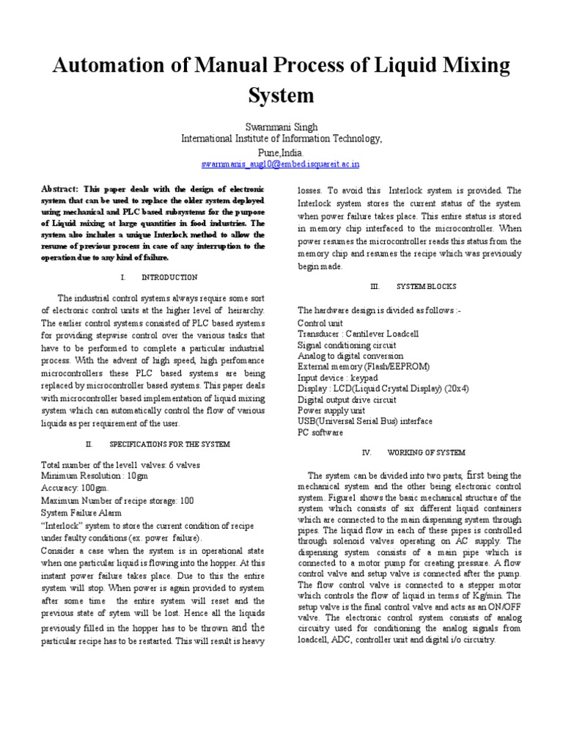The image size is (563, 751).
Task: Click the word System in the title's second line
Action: tap(281, 95)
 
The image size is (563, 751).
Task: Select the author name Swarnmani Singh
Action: tap(281, 127)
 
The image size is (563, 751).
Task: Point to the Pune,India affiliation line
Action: tap(281, 152)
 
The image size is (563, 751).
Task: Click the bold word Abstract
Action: tap(61, 189)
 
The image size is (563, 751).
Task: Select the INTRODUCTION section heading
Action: tap(169, 277)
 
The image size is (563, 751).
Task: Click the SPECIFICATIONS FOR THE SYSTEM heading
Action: tap(169, 444)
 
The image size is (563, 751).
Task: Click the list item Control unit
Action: tap(320, 323)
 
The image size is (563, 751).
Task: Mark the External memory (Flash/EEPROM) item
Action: tap(364, 367)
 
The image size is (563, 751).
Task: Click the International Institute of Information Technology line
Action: tap(281, 139)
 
